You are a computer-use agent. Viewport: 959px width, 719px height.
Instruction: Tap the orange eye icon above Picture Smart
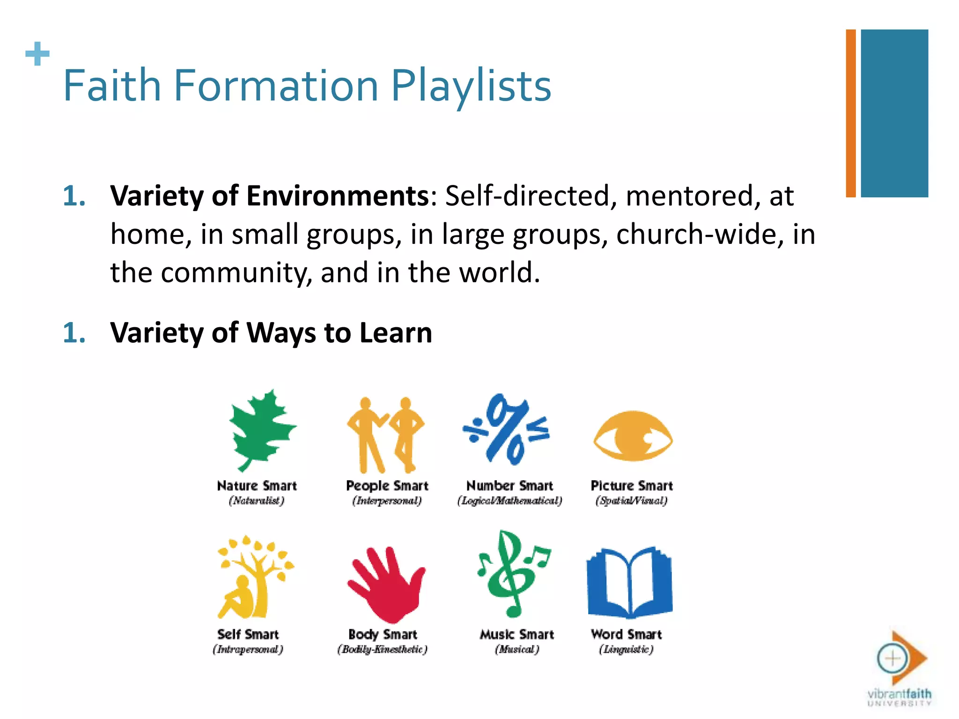tap(633, 436)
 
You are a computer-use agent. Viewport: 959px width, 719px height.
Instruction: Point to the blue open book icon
tap(629, 582)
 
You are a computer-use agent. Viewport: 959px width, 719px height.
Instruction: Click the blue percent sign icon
tap(507, 430)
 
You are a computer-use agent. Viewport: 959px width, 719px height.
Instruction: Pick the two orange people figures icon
tap(386, 434)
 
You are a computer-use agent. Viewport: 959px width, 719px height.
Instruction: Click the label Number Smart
tap(509, 486)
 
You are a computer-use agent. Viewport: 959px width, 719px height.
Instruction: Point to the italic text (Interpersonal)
tap(387, 501)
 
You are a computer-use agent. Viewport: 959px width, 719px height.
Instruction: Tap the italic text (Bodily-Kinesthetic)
tap(382, 650)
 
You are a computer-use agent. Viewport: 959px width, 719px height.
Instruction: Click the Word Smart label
tap(626, 635)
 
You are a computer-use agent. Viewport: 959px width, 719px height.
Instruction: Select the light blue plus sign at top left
tap(37, 54)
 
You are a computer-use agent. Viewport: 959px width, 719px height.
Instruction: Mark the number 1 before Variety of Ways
tap(74, 333)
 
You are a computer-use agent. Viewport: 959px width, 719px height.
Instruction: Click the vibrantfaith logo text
tap(899, 694)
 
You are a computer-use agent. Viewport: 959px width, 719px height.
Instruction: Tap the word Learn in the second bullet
tap(396, 333)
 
